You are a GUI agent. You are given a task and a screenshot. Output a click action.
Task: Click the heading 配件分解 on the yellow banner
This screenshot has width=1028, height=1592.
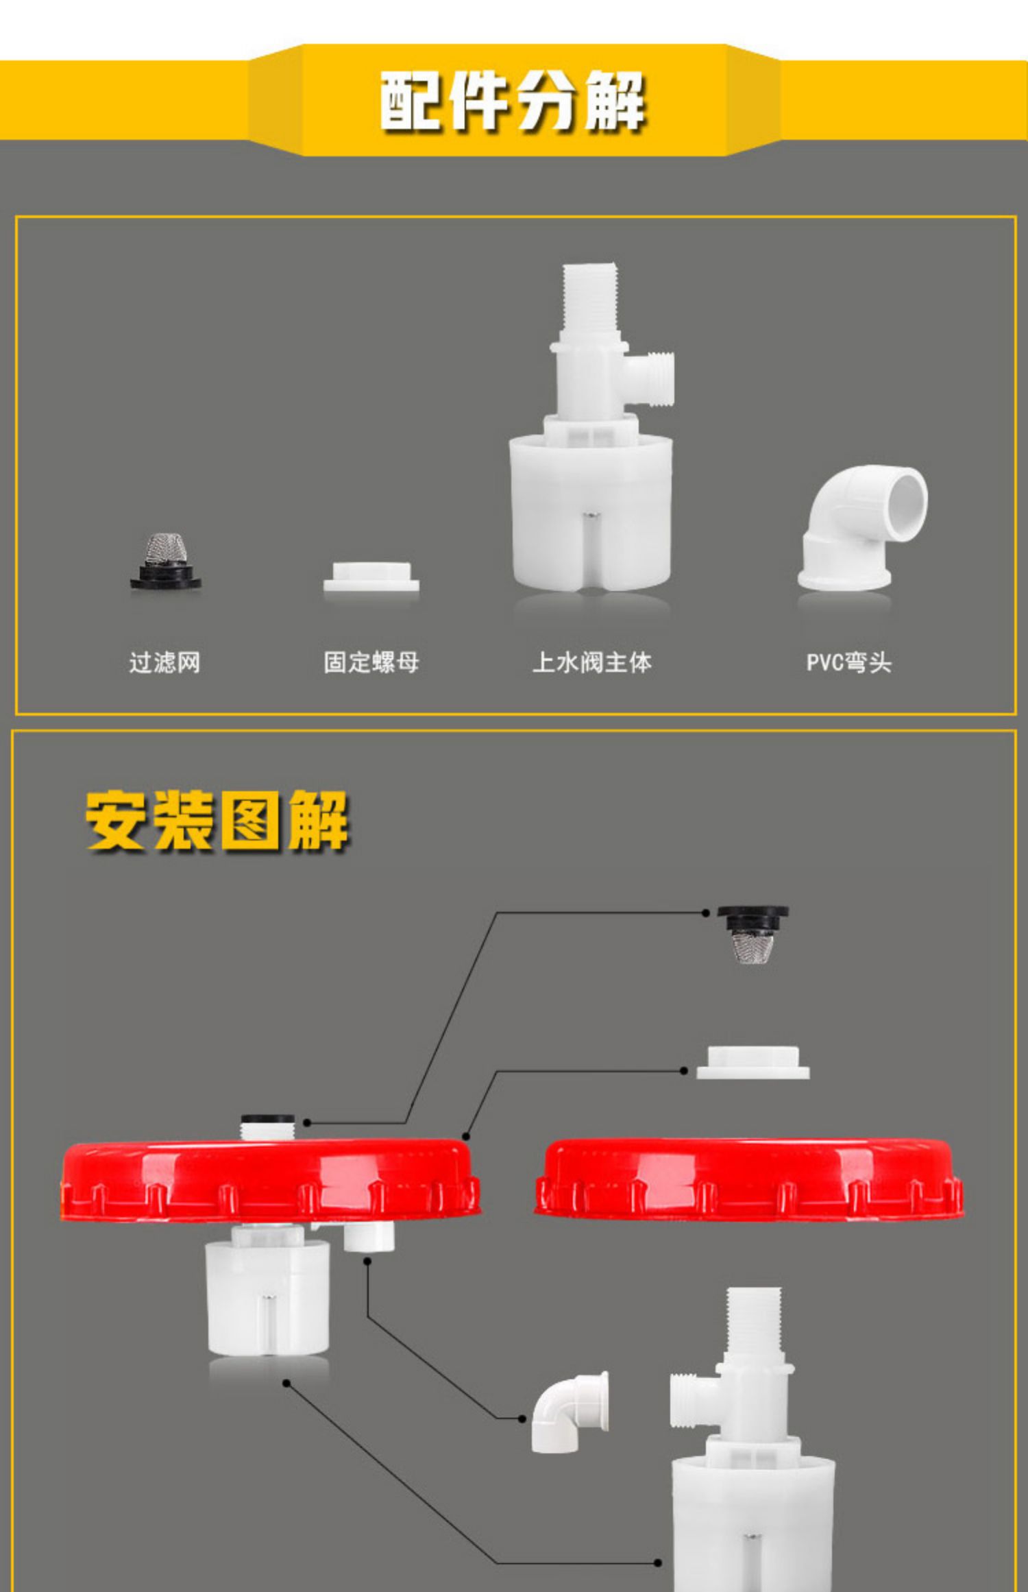click(x=513, y=101)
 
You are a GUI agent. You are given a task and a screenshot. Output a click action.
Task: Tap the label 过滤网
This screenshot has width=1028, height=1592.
click(x=164, y=662)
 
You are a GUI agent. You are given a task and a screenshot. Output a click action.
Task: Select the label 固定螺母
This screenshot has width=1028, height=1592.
click(x=371, y=662)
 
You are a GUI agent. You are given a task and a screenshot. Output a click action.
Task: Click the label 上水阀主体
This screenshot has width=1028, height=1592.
click(x=591, y=662)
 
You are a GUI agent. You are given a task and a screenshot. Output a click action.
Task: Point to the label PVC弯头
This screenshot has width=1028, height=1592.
click(x=848, y=662)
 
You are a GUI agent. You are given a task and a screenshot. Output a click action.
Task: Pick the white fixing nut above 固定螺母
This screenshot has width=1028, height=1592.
click(x=371, y=577)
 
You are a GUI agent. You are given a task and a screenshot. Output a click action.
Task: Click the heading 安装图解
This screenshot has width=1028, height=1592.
click(x=217, y=821)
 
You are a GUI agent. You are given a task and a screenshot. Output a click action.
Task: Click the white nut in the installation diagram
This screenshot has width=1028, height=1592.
click(x=752, y=1062)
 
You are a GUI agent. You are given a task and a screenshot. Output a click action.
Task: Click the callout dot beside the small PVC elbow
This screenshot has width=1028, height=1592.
click(x=522, y=1419)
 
